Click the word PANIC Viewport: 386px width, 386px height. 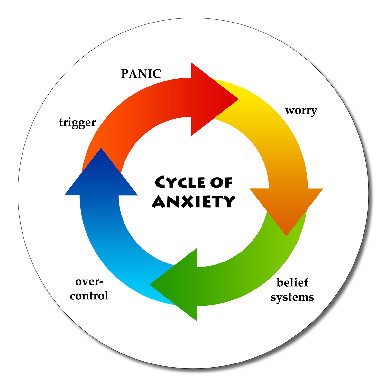click(x=141, y=74)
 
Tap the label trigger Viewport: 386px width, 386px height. click(x=78, y=123)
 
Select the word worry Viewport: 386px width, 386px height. click(x=301, y=110)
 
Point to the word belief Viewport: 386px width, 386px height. click(x=292, y=282)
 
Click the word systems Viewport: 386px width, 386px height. click(x=292, y=297)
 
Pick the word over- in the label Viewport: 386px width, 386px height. click(x=89, y=282)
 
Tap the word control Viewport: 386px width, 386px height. click(x=89, y=296)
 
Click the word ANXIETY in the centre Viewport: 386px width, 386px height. click(x=194, y=201)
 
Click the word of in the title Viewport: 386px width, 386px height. click(x=221, y=182)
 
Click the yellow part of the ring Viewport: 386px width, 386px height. click(x=257, y=106)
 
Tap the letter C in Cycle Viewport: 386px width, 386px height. click(x=161, y=182)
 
